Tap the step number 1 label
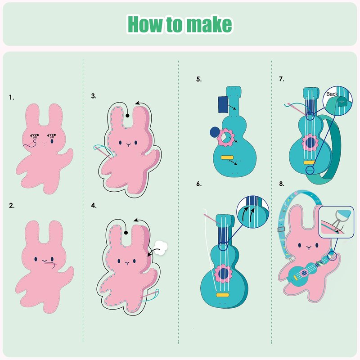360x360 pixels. [12, 97]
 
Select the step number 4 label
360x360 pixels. [94, 206]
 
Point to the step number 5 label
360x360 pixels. [199, 79]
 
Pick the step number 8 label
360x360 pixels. [282, 184]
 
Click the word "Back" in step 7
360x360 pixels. [332, 94]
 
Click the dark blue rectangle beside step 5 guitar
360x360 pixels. [223, 104]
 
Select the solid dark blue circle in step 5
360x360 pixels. [215, 132]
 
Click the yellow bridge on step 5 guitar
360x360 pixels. [227, 157]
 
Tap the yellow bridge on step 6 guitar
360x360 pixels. [222, 295]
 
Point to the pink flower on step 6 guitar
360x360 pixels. [223, 274]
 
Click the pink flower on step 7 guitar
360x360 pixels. [310, 143]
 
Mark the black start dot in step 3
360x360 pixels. [127, 116]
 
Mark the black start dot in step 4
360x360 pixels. [126, 233]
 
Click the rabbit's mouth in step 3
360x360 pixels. [129, 144]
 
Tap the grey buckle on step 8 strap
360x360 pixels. [281, 229]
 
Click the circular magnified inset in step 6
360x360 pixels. [253, 212]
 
